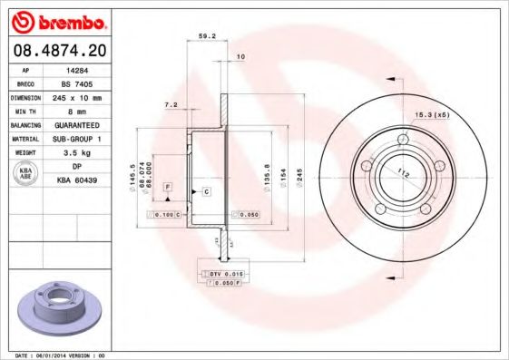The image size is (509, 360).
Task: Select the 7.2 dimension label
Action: click(x=170, y=105)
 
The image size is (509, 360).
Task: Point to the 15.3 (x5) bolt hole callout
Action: click(x=432, y=114)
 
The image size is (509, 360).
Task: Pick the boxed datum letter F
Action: click(x=168, y=186)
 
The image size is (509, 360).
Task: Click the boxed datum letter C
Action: click(x=206, y=191)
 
